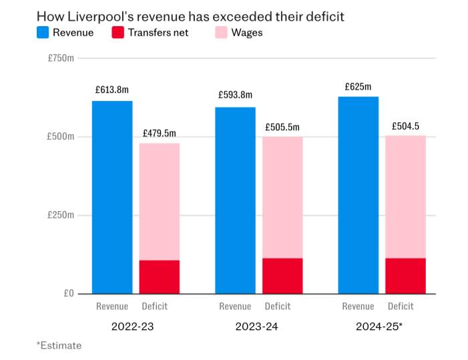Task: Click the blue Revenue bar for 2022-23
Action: coord(112,197)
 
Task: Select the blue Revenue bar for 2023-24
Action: coord(235,200)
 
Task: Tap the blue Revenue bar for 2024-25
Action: coord(359,195)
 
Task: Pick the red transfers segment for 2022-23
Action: coord(160,277)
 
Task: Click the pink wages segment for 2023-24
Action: coord(282,197)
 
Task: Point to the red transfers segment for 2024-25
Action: coord(405,275)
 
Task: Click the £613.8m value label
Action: coord(112,89)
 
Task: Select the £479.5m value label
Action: coord(160,132)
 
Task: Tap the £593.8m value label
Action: coord(235,96)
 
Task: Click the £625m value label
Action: coord(359,86)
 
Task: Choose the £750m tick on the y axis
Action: coord(61,59)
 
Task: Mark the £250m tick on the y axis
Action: coord(61,215)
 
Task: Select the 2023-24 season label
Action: coord(257,327)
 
